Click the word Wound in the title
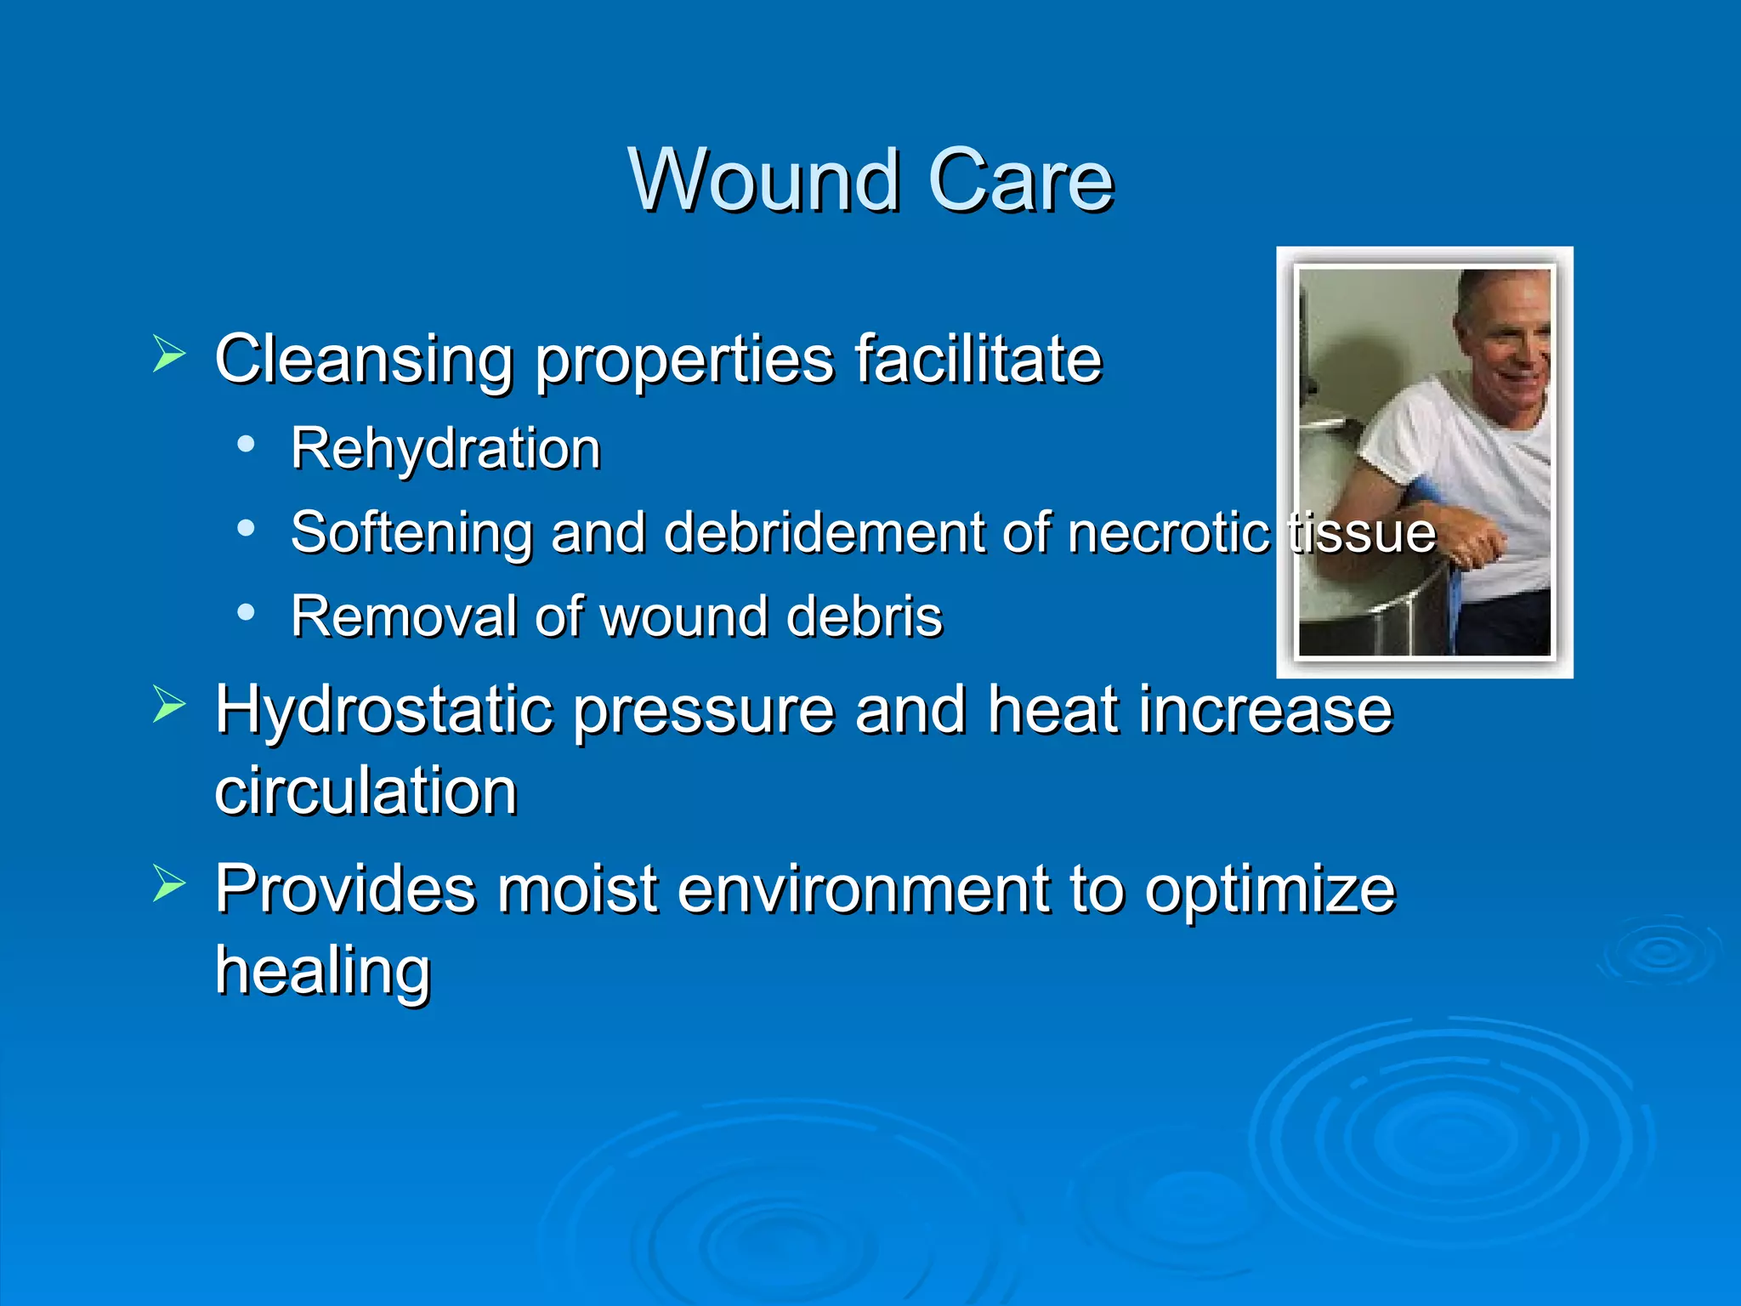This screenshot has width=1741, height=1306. pos(763,180)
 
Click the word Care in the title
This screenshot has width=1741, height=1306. pos(1020,180)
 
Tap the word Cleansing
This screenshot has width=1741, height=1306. pos(364,359)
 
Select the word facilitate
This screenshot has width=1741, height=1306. pos(978,359)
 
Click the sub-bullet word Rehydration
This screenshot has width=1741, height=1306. pos(445,448)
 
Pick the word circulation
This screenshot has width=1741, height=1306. pos(366,791)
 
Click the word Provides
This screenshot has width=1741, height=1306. pos(345,889)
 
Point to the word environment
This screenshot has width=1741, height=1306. pos(863,889)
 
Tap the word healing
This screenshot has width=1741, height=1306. pos(323,971)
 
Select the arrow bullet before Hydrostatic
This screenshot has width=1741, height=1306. pos(169,705)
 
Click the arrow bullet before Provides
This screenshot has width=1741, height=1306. pos(169,884)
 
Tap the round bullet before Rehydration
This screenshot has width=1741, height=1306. pos(246,444)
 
